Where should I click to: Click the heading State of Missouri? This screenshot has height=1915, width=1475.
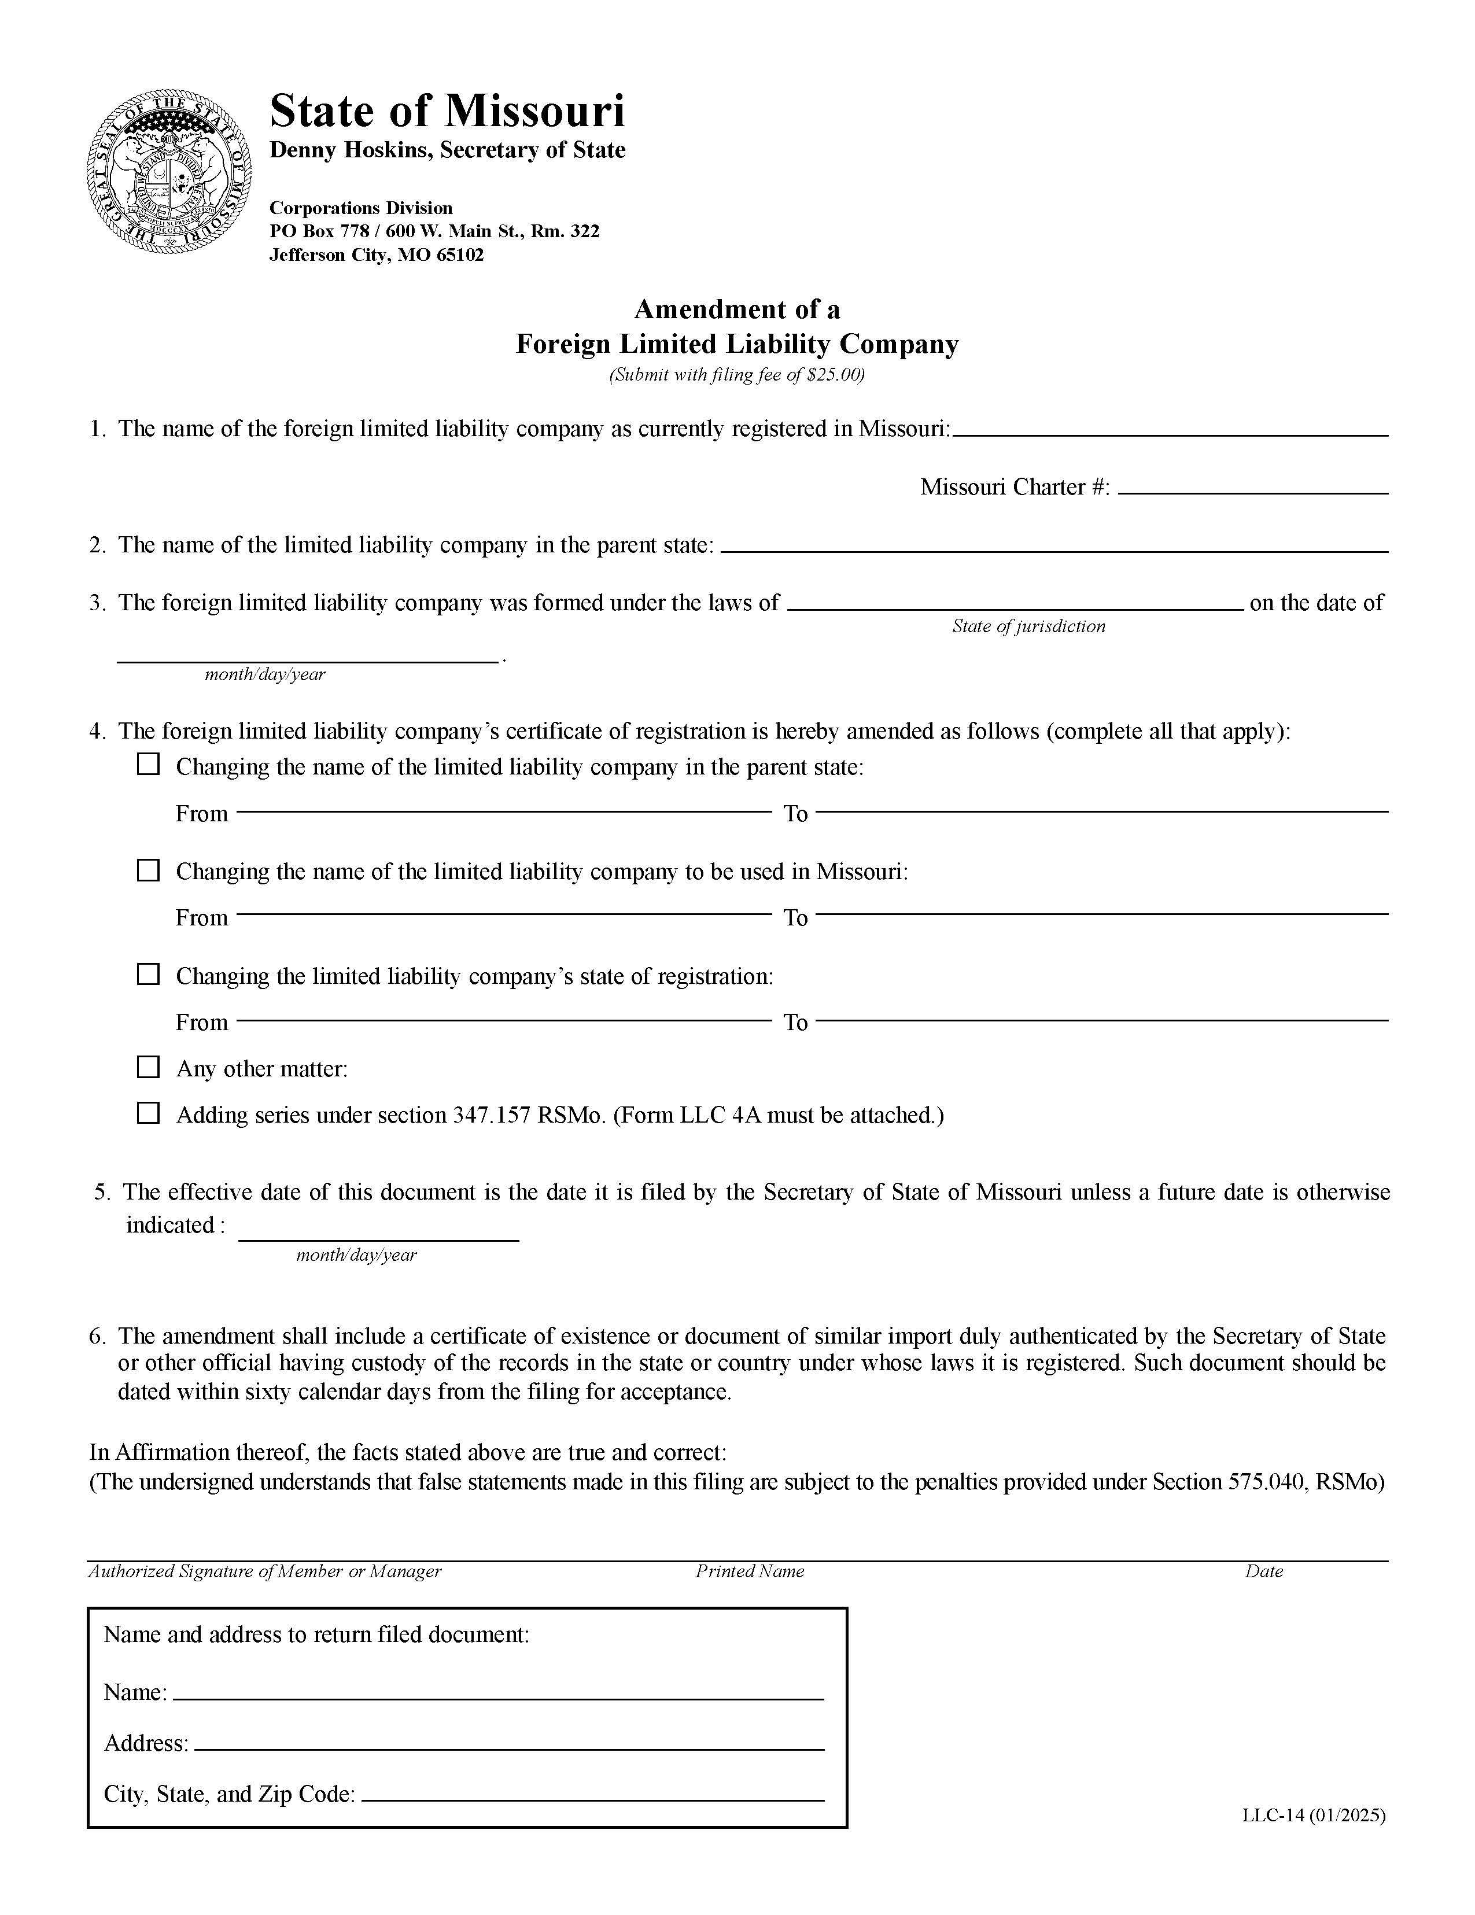[447, 112]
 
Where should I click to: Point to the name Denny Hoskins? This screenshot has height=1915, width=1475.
[350, 150]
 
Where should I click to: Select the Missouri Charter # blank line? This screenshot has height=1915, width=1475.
[1252, 488]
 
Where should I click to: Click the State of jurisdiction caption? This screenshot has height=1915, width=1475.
[1028, 626]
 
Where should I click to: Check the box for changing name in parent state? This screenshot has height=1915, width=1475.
[148, 765]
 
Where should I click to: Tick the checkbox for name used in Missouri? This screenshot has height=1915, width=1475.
[148, 870]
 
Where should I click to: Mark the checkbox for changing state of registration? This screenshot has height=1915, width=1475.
[148, 974]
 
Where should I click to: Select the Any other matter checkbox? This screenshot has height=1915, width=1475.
[148, 1067]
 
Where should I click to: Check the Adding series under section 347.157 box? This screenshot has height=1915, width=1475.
[148, 1113]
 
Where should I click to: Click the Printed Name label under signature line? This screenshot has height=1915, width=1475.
[749, 1571]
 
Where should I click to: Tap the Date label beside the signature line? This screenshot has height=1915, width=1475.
[1263, 1571]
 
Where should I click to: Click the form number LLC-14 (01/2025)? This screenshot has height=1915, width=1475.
[1313, 1815]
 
